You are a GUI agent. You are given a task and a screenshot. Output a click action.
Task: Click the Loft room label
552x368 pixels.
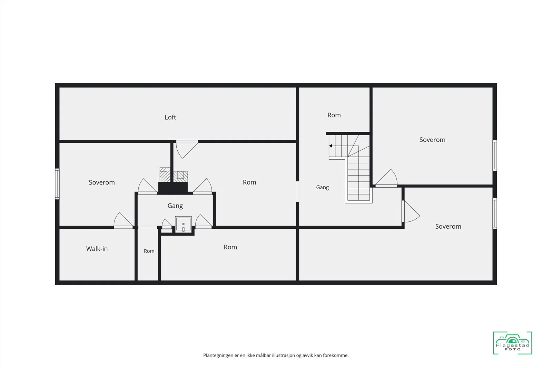click(x=170, y=117)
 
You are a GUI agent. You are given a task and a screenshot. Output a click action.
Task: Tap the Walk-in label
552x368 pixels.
click(x=97, y=249)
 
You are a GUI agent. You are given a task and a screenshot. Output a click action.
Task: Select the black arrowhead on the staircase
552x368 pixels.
click(x=331, y=146)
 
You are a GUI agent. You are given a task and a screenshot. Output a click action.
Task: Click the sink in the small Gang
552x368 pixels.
click(x=183, y=225)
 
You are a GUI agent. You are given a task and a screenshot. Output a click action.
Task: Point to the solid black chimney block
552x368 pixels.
click(x=173, y=188)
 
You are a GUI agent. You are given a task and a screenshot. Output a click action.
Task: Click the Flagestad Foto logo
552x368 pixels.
click(x=512, y=343)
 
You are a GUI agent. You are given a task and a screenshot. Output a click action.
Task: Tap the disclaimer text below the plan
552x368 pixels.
click(x=276, y=355)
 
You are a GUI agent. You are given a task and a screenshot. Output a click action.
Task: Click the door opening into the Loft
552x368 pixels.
click(x=187, y=149)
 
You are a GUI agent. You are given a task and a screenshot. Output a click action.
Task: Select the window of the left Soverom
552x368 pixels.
click(x=57, y=184)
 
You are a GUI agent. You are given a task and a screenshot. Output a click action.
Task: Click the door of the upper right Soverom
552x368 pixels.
click(x=386, y=178)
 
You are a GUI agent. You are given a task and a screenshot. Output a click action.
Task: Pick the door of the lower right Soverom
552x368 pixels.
click(x=411, y=211)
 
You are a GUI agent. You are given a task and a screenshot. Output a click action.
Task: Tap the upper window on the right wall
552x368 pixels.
click(x=495, y=156)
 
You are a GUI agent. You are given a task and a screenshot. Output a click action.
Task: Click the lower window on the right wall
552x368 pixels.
click(x=495, y=213)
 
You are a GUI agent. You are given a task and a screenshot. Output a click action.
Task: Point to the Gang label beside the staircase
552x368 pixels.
click(x=322, y=187)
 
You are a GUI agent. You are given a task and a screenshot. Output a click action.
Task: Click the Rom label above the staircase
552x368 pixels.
click(x=334, y=115)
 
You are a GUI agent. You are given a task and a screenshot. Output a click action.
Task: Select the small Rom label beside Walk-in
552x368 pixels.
click(x=149, y=251)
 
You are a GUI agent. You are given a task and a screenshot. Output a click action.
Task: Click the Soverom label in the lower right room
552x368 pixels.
click(x=448, y=226)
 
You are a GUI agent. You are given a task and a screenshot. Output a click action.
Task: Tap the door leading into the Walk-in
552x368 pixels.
click(x=123, y=221)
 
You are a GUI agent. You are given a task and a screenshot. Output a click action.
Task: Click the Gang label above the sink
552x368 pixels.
click(x=175, y=206)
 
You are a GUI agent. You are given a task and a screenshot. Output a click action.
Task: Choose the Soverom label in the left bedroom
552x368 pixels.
click(x=102, y=182)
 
